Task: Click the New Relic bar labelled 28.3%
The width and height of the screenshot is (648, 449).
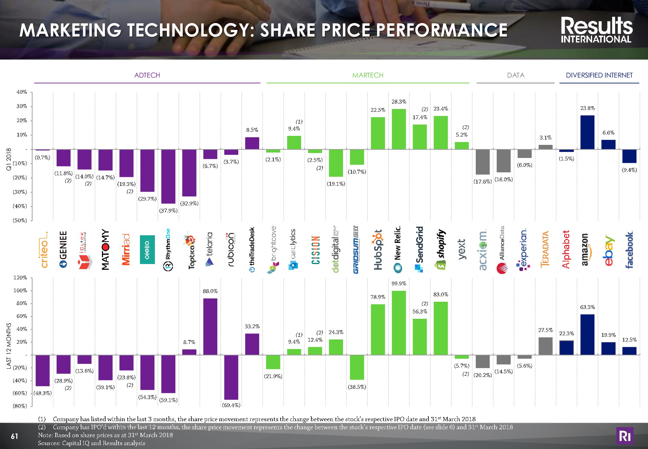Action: click(399, 129)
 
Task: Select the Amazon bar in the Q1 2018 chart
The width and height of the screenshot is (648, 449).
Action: click(587, 132)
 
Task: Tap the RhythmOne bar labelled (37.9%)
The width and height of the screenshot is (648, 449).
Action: click(168, 176)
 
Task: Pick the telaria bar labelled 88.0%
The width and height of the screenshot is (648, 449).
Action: click(210, 327)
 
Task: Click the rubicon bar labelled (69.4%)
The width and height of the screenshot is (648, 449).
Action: click(231, 377)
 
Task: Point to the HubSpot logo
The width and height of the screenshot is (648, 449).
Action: click(378, 250)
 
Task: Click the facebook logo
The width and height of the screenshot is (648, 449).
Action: click(629, 250)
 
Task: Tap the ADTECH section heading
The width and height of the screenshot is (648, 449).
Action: click(147, 75)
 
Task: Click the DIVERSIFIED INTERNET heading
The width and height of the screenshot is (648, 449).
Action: click(599, 75)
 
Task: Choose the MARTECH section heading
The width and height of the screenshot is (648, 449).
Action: click(368, 75)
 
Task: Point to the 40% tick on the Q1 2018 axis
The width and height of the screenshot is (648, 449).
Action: click(22, 92)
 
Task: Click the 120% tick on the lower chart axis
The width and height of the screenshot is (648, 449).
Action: click(20, 277)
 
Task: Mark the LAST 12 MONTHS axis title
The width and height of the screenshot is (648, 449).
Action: click(9, 346)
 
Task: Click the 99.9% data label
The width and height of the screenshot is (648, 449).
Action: click(399, 283)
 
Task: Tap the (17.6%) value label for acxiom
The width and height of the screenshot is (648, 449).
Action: click(482, 181)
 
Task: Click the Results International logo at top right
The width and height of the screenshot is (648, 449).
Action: click(596, 30)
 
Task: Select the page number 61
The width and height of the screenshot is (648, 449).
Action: click(14, 436)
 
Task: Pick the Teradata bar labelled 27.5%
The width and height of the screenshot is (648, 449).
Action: click(545, 346)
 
